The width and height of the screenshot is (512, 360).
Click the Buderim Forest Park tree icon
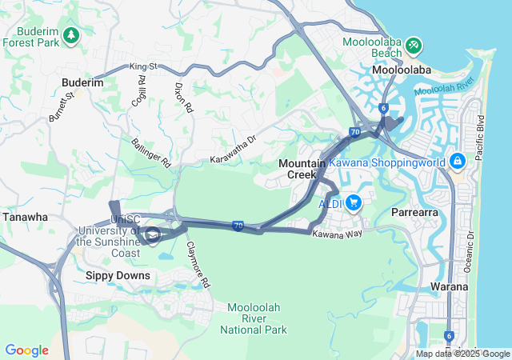pos(72,35)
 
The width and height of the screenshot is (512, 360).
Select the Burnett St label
pos(62,106)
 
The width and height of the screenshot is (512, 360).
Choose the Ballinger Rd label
pos(151,152)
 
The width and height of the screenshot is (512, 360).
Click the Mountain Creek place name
pos(302,169)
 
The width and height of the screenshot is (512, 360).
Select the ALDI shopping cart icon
pos(353,203)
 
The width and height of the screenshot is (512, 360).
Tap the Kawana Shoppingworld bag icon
pos(457,162)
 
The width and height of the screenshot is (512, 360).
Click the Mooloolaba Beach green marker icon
pos(414,45)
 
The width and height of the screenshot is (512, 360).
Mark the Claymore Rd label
pos(198,265)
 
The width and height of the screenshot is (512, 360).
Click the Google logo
pos(27,350)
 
